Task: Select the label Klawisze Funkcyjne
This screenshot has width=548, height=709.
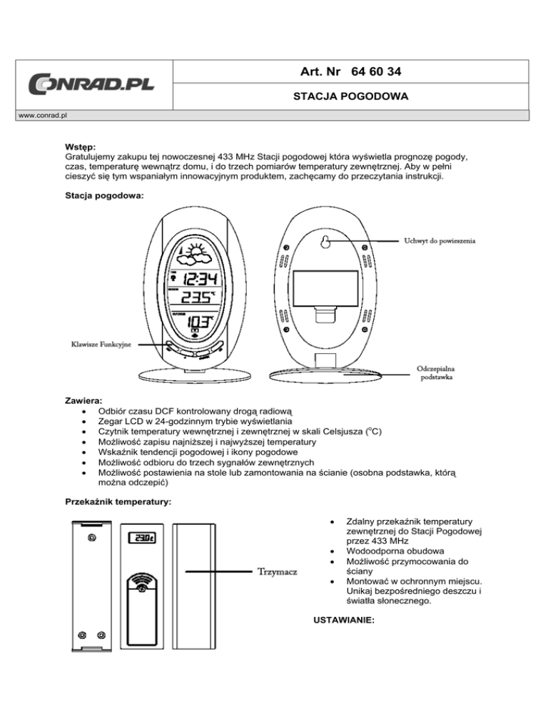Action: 100,345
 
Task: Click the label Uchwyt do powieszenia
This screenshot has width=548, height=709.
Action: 440,240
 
